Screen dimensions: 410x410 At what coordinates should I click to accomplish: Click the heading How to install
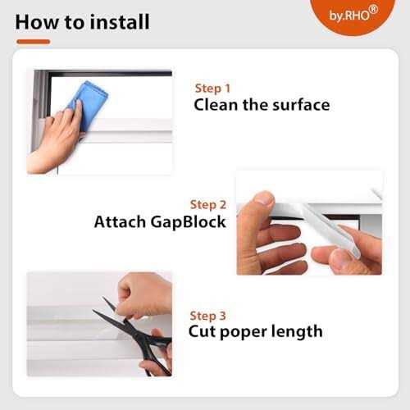pos(82,22)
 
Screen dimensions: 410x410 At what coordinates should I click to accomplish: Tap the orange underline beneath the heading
pos(34,42)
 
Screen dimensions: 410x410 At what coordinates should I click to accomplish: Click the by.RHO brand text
pos(349,16)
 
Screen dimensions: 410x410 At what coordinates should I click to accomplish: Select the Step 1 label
pos(212,89)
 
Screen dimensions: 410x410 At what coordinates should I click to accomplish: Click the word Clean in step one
pos(216,105)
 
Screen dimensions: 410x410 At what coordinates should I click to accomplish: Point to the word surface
pos(301,105)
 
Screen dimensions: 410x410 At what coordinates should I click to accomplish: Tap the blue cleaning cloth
pos(89,105)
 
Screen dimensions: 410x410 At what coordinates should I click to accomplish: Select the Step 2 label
pos(208,205)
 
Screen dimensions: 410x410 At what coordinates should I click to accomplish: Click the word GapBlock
pos(189,221)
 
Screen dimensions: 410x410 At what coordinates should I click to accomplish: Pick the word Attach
pos(120,221)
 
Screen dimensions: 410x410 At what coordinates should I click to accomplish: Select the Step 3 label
pos(207,316)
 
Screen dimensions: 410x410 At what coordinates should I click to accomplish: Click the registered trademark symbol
pos(374,10)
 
